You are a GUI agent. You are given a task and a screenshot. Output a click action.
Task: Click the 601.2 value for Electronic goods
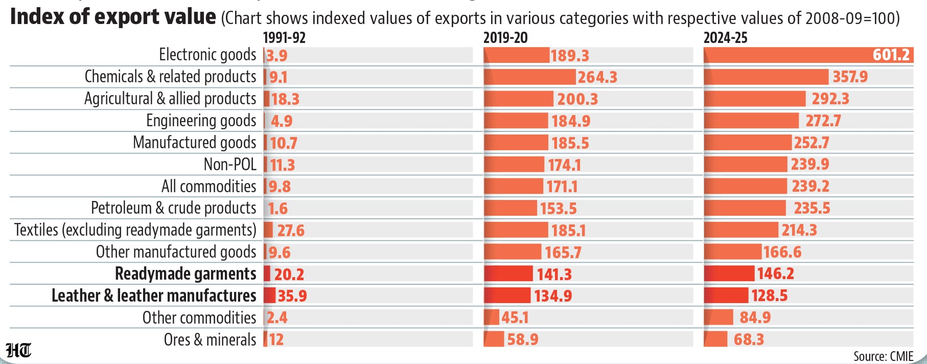tap(891, 55)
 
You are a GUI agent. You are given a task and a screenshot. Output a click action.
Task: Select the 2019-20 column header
tap(505, 38)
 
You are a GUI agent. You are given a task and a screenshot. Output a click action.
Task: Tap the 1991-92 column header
tap(284, 38)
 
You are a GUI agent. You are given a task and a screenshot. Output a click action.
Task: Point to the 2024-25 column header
tap(726, 38)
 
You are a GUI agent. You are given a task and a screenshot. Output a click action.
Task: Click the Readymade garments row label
tap(186, 274)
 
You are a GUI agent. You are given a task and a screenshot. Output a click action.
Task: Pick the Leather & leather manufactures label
tap(154, 295)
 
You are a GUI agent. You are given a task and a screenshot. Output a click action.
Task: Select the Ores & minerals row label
tap(210, 339)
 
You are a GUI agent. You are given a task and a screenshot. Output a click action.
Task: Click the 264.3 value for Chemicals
tap(597, 77)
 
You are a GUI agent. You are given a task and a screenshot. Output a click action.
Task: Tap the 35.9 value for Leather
tap(292, 295)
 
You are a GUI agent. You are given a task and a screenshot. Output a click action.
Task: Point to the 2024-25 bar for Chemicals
tap(766, 77)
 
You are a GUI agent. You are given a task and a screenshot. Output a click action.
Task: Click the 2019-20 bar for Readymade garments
tap(508, 274)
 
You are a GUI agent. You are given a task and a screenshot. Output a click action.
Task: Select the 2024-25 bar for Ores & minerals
tap(715, 339)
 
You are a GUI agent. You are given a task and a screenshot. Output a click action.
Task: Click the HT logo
tap(18, 350)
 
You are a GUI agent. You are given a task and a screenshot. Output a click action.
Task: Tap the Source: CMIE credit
tap(883, 356)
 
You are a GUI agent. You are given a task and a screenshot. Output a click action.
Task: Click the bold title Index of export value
tap(113, 17)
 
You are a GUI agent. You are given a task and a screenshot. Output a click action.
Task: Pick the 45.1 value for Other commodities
tap(515, 317)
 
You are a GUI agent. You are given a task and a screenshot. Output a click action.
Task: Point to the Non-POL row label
tap(230, 164)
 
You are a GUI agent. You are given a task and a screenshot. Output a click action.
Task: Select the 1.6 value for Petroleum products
tap(278, 208)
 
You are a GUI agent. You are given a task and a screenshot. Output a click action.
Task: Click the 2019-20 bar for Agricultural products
tap(518, 99)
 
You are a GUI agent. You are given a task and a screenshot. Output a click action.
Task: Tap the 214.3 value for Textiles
tap(799, 230)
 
